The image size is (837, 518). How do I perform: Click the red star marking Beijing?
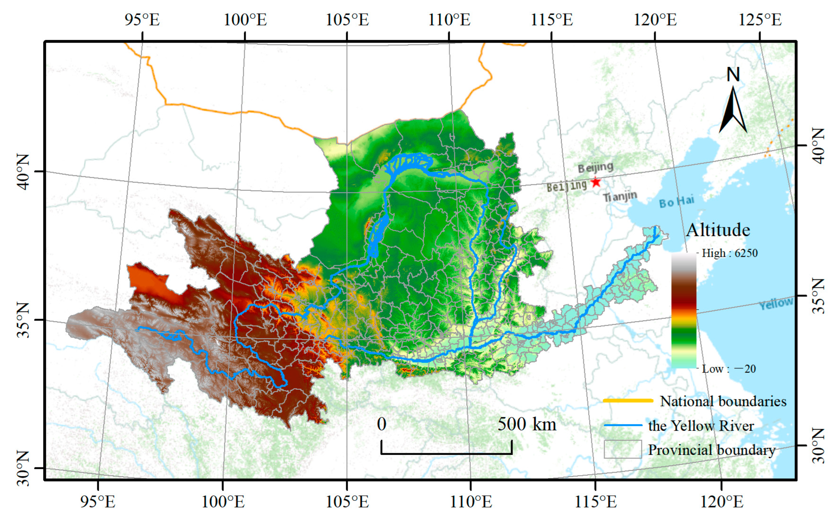596,182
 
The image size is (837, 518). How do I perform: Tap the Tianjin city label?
619,197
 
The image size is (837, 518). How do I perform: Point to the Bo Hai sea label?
676,201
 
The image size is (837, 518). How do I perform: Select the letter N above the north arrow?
733,74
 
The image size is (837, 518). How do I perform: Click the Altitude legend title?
718,230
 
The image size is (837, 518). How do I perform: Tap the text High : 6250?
729,253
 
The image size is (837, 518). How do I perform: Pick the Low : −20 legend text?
729,369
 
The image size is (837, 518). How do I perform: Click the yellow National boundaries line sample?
628,400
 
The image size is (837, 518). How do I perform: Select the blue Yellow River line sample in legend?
623,426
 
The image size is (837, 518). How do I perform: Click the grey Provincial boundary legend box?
623,449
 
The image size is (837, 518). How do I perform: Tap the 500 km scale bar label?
526,424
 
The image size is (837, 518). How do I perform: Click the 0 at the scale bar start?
382,424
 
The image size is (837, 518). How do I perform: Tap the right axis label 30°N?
818,445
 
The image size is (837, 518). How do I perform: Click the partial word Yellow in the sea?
776,303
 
